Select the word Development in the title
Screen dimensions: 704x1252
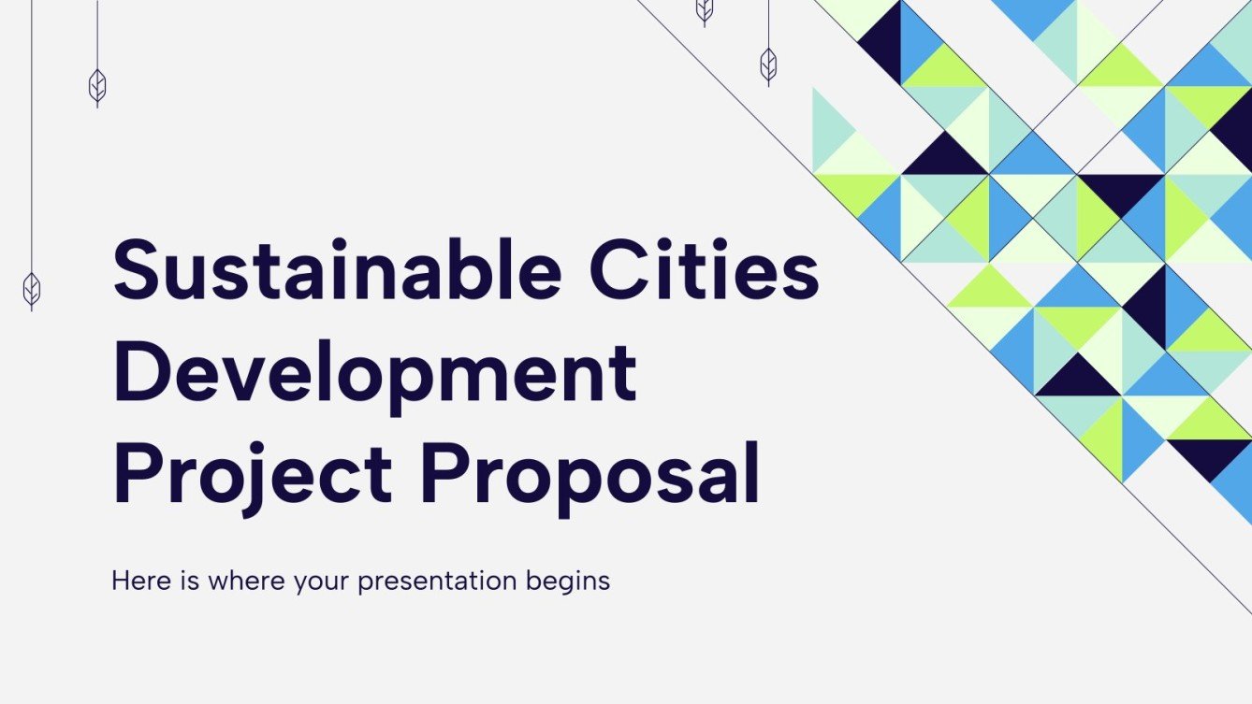pyautogui.click(x=375, y=372)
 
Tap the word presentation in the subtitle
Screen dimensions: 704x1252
pyautogui.click(x=437, y=582)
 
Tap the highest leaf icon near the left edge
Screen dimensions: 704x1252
pyautogui.click(x=97, y=86)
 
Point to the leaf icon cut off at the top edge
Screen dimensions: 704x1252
pyautogui.click(x=705, y=9)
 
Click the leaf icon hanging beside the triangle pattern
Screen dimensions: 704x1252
pyautogui.click(x=768, y=64)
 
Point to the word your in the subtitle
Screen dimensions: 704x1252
pyautogui.click(x=321, y=582)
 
